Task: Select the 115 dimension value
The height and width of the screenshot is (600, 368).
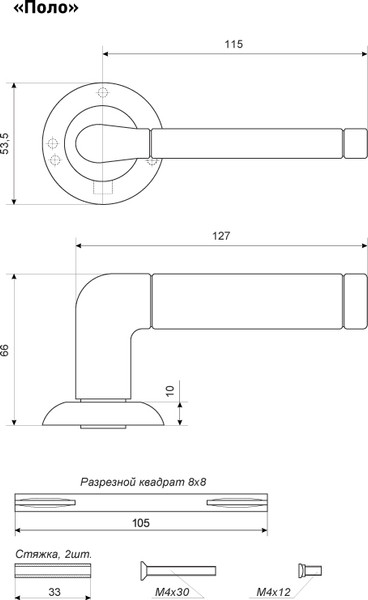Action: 234,45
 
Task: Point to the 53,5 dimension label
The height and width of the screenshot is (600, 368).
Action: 8,143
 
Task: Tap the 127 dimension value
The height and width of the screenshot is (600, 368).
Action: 221,237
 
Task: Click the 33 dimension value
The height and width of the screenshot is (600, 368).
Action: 54,591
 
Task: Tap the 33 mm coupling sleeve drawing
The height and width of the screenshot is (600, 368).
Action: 54,571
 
